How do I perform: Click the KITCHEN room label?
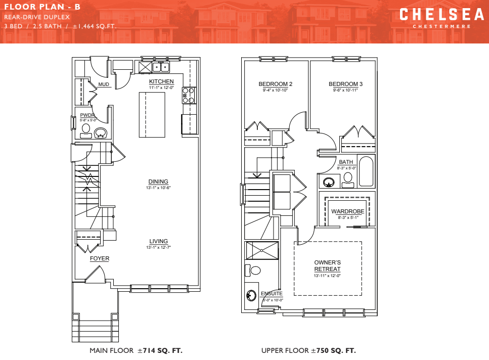(161, 81)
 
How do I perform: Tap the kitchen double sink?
(161, 67)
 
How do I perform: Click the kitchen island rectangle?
(152, 115)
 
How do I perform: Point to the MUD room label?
(104, 84)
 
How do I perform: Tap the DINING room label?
(158, 182)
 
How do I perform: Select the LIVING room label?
(158, 241)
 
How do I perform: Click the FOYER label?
(100, 258)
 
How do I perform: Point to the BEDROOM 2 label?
(276, 84)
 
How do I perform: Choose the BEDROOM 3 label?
(345, 84)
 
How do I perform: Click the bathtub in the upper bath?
(366, 172)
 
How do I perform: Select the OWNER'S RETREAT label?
(327, 266)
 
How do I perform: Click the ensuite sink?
(251, 295)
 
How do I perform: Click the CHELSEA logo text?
(435, 15)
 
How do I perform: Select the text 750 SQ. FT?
(336, 350)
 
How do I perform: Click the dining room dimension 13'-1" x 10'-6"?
(158, 188)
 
